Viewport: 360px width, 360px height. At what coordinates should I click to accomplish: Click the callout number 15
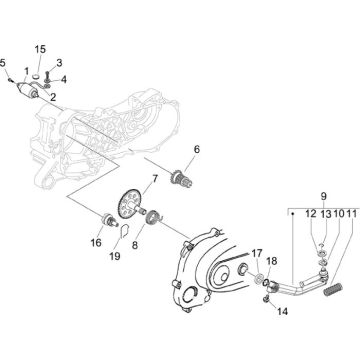coord(41,49)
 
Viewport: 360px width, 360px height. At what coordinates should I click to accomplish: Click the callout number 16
coord(96,242)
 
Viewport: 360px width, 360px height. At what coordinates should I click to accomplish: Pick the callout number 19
coord(114,256)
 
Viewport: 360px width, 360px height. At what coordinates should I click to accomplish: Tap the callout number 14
coord(281,311)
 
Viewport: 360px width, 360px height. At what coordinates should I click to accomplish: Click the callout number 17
coord(256,253)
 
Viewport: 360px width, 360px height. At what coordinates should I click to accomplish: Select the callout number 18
coord(271,261)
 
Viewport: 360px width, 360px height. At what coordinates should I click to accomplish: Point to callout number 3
coord(60,62)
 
